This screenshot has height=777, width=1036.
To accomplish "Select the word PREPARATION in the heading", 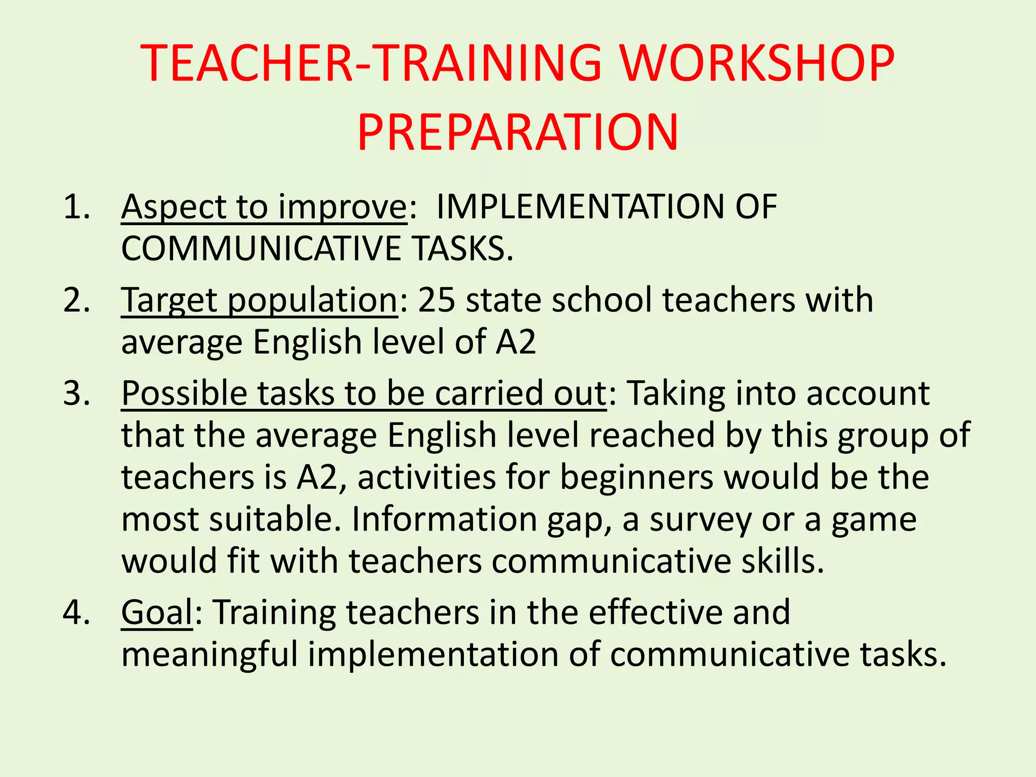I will (517, 133).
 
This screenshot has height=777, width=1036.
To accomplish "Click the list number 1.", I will (76, 207).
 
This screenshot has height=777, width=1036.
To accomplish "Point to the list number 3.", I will (76, 393).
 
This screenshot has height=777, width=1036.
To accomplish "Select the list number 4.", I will (76, 612).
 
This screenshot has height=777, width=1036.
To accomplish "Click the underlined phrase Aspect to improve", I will (264, 207).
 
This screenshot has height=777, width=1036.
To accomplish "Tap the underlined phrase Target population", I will (260, 300).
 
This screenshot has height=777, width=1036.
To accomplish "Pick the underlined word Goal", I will (157, 612).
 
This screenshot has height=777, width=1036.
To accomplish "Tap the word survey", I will (700, 520).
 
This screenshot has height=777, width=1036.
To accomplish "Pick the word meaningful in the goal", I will (209, 655).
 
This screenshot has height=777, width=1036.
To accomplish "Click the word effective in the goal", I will (656, 612).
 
